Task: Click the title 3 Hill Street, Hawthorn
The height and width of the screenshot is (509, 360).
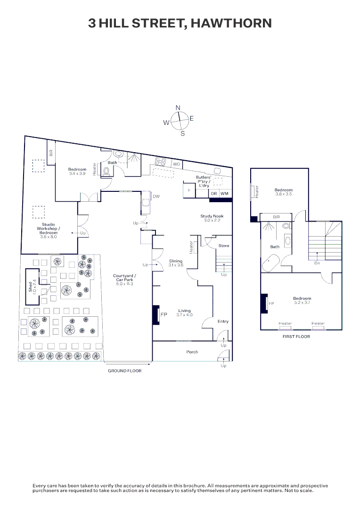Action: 180,23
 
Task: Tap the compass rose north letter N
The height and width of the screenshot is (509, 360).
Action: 178,108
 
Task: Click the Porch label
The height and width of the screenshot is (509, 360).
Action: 192,352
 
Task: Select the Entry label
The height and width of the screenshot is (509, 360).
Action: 223,321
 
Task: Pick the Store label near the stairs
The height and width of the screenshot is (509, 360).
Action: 224,246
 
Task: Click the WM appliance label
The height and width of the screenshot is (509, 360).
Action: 224,194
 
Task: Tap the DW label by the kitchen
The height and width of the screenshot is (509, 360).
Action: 156,196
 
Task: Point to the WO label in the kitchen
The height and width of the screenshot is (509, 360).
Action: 176,164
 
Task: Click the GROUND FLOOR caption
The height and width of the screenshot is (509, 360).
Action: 124,371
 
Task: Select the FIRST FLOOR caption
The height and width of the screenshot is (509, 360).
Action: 296,337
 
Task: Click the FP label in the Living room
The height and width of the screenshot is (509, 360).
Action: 164,314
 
